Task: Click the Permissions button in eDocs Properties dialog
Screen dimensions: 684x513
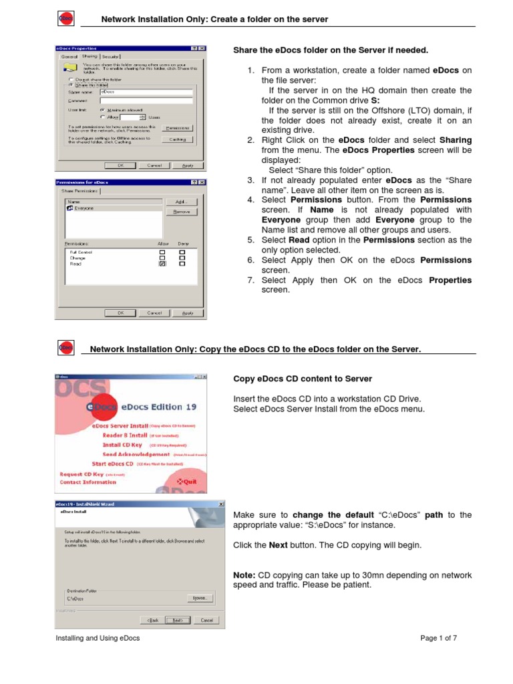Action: click(177, 127)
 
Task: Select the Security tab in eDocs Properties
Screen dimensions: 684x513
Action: click(111, 57)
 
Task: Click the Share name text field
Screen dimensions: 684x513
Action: click(146, 92)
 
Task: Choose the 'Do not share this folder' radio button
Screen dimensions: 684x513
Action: click(71, 79)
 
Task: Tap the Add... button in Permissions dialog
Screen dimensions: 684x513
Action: click(180, 201)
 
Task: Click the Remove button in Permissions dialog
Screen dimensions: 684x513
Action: click(180, 211)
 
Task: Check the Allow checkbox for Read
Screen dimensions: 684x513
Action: click(162, 264)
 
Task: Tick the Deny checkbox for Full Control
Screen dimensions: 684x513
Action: click(182, 252)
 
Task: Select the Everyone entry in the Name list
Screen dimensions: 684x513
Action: click(83, 208)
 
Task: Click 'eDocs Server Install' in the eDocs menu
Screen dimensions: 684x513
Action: click(120, 425)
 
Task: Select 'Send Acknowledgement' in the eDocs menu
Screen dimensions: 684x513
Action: click(136, 454)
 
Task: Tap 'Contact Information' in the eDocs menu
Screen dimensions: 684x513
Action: click(88, 482)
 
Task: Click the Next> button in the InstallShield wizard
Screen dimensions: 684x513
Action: click(177, 620)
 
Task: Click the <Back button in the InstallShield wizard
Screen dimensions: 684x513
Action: click(153, 620)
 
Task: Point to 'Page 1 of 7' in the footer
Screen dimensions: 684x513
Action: click(438, 638)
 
